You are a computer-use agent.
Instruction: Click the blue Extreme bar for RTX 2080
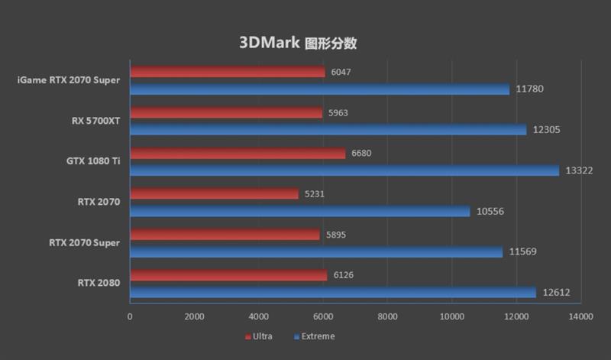point(332,292)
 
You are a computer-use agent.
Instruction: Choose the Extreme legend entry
point(313,336)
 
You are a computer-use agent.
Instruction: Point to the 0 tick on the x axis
point(130,316)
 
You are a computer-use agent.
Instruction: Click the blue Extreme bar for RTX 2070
point(299,211)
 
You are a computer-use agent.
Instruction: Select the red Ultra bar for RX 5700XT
point(225,113)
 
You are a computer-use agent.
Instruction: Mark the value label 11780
point(529,89)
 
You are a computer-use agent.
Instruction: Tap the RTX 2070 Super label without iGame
point(84,243)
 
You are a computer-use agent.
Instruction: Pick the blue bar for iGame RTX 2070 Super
point(319,89)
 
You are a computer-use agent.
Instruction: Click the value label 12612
point(555,292)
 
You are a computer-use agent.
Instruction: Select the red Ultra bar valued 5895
point(225,235)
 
